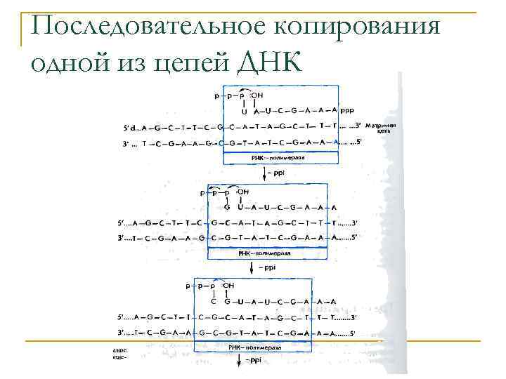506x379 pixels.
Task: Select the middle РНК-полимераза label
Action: pyautogui.click(x=264, y=251)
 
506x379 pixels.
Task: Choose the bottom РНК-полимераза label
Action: pyautogui.click(x=254, y=347)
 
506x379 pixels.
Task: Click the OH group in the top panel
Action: pyautogui.click(x=258, y=95)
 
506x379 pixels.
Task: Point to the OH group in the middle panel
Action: pyautogui.click(x=243, y=192)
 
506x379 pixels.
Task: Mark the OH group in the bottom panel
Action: pyautogui.click(x=228, y=286)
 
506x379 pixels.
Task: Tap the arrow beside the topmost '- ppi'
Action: pyautogui.click(x=265, y=174)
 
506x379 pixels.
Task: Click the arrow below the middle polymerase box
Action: pyautogui.click(x=252, y=265)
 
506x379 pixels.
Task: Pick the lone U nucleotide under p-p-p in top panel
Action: pyautogui.click(x=245, y=111)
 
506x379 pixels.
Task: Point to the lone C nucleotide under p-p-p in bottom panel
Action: pyautogui.click(x=213, y=302)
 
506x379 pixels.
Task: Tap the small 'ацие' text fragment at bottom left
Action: pyautogui.click(x=119, y=349)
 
